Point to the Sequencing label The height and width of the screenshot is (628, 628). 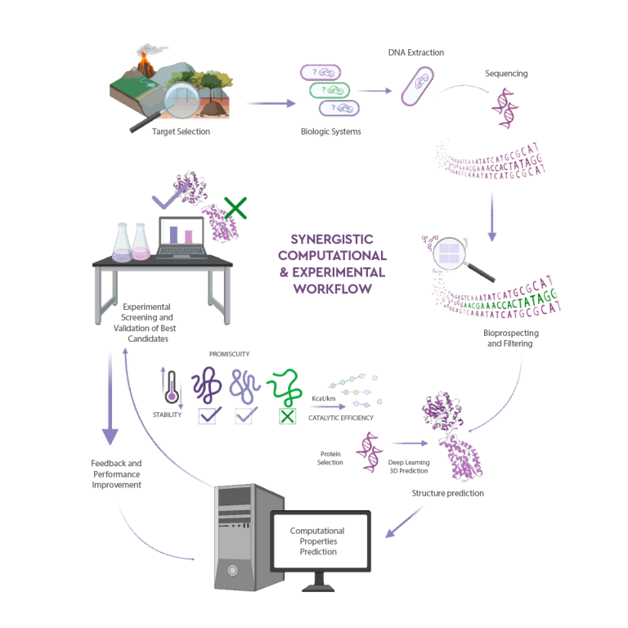tap(507, 74)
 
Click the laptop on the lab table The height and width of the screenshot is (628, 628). tap(181, 237)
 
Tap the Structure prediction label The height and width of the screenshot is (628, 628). tap(446, 493)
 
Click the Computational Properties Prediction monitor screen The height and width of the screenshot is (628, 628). tap(317, 542)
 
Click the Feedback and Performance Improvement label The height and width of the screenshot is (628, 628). tap(116, 473)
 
